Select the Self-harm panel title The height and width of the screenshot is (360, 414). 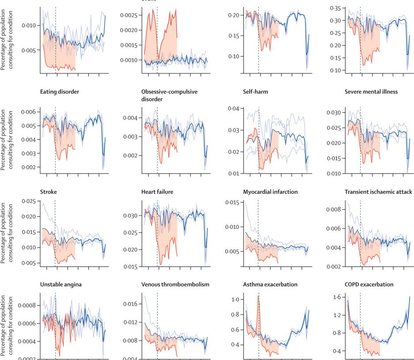pyautogui.click(x=255, y=92)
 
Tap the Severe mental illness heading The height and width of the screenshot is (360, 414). pyautogui.click(x=371, y=92)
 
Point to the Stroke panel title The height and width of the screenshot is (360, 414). pyautogui.click(x=48, y=192)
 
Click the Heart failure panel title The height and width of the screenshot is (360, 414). pyautogui.click(x=157, y=192)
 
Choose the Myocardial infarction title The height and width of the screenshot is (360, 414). pyautogui.click(x=270, y=192)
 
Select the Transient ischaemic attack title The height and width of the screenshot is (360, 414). pyautogui.click(x=378, y=192)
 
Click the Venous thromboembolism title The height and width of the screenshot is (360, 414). pyautogui.click(x=175, y=284)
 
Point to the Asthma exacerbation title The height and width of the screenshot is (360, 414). pyautogui.click(x=270, y=284)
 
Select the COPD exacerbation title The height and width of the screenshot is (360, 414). pyautogui.click(x=369, y=284)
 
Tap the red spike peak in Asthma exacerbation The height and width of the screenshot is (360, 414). pyautogui.click(x=258, y=296)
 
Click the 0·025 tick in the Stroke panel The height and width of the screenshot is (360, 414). pyautogui.click(x=27, y=202)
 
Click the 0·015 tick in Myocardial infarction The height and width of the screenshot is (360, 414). pyautogui.click(x=233, y=203)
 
